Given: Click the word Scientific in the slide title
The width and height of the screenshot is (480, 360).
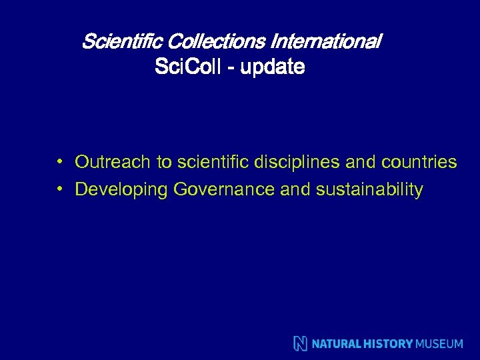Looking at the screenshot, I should [123, 42].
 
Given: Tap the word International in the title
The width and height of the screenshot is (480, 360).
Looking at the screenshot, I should [325, 42].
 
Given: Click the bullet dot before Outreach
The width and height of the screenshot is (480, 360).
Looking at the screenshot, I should [60, 161].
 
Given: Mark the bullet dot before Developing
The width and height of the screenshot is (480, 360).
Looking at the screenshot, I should [60, 189].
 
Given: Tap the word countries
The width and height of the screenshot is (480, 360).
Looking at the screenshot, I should [419, 162].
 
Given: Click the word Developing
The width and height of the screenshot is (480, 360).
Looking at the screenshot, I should [121, 190].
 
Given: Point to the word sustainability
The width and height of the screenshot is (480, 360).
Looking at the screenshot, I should [369, 190].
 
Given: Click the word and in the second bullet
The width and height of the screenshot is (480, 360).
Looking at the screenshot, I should [295, 190].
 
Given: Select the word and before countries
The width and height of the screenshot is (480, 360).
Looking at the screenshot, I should [362, 162].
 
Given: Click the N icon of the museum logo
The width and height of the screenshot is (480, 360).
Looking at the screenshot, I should [301, 344].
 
